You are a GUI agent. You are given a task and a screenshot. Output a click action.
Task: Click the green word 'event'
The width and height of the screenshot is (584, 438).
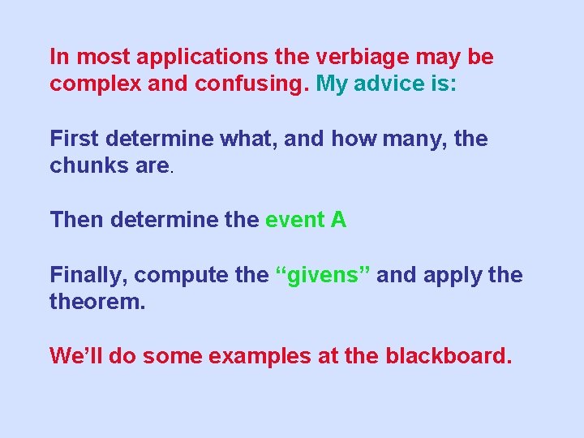pyautogui.click(x=294, y=220)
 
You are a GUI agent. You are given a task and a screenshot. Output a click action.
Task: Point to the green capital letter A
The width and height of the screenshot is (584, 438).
pyautogui.click(x=338, y=220)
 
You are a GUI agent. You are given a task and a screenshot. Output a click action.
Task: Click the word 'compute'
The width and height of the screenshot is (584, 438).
pyautogui.click(x=181, y=276)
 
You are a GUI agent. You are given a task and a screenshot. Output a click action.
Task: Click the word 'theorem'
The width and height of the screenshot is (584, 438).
pyautogui.click(x=96, y=301)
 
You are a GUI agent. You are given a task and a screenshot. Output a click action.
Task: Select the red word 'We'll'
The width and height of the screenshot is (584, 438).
pyautogui.click(x=76, y=355)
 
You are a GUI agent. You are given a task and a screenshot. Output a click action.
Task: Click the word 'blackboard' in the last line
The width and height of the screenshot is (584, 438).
pyautogui.click(x=445, y=355)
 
